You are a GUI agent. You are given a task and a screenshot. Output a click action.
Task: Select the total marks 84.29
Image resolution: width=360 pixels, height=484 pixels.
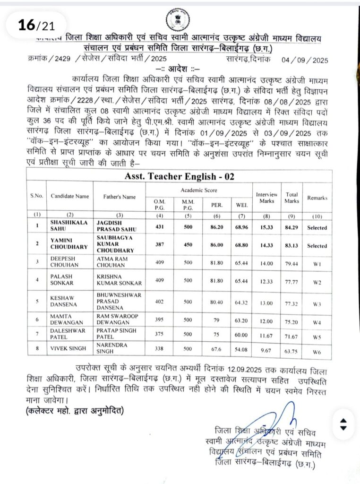click(291, 227)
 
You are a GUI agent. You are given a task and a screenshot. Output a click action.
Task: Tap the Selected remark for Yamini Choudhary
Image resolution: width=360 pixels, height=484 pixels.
click(317, 246)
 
